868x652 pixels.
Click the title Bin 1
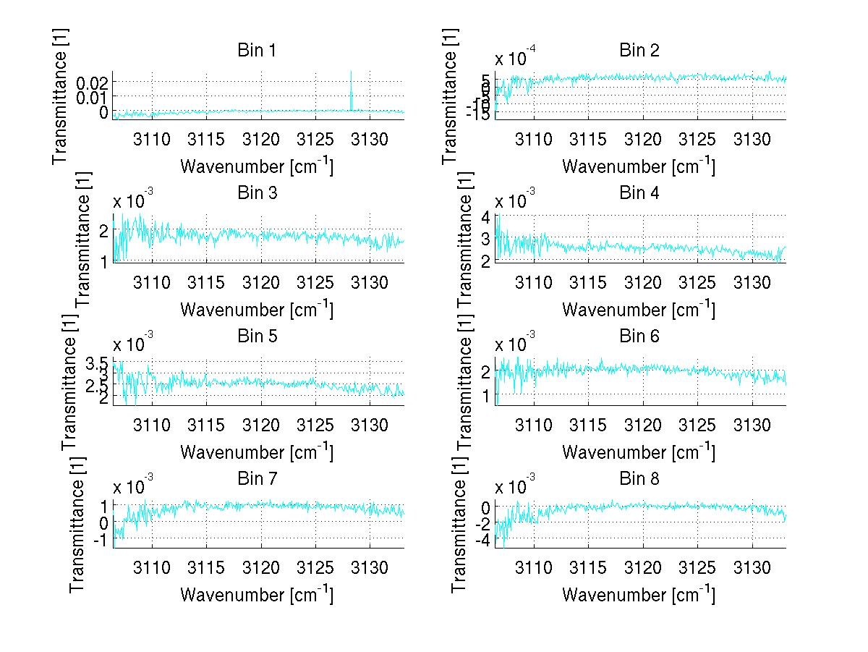(257, 51)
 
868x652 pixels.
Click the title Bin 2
(639, 51)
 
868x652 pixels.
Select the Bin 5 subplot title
(257, 336)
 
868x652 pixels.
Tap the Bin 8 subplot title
(639, 479)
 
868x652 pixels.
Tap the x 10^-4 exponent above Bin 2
(516, 58)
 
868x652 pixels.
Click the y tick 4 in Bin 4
(485, 217)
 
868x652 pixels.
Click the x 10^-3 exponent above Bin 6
(516, 343)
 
